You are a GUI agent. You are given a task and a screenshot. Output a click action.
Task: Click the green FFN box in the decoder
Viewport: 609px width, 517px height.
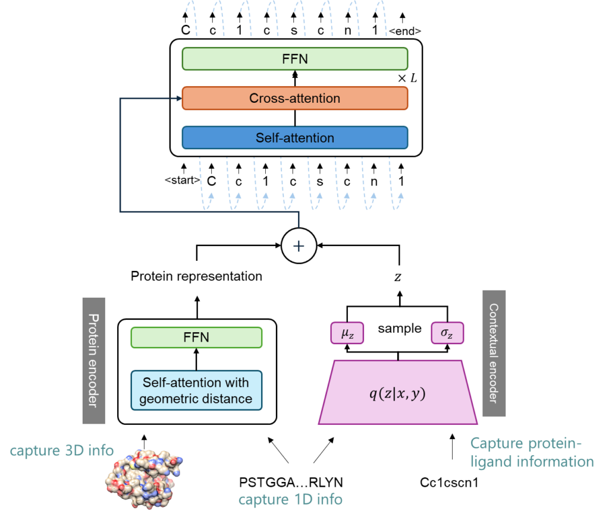coord(294,59)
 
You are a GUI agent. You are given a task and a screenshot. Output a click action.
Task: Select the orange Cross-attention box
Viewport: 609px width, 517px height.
coord(294,98)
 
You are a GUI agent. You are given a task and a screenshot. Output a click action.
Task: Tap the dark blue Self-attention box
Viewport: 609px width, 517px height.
coord(294,137)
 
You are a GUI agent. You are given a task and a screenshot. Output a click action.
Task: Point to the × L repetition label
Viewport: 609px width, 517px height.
coord(407,78)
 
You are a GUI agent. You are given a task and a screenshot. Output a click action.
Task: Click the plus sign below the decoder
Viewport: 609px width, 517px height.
coord(299,245)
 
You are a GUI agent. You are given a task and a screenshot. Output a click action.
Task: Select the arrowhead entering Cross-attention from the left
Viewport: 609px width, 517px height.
coord(178,99)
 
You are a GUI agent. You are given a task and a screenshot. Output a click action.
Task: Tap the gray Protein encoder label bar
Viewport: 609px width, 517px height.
coord(93,360)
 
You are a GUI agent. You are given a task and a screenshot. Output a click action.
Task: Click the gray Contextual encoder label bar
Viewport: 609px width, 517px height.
coord(494,353)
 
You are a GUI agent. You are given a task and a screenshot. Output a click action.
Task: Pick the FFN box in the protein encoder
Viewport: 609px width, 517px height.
coord(196,338)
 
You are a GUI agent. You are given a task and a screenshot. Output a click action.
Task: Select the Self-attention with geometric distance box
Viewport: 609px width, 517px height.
coord(196,390)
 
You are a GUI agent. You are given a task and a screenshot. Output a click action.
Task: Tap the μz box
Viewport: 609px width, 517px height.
coord(347,333)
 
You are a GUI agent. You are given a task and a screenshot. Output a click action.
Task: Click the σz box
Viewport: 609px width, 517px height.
coord(447,333)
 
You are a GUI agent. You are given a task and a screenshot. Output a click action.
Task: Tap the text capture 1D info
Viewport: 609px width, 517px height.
coord(290,499)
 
